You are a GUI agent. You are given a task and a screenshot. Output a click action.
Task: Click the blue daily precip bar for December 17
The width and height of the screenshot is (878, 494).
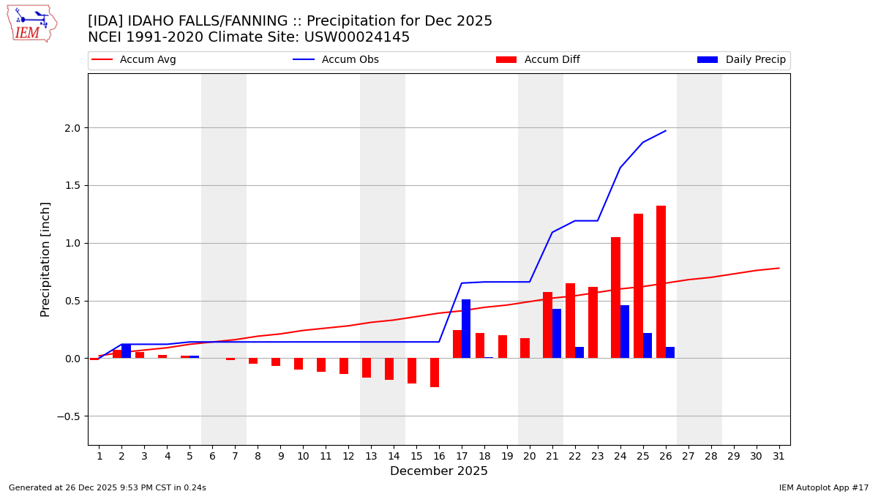pyautogui.click(x=466, y=329)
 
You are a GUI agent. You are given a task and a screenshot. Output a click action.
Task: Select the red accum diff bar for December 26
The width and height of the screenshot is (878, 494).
pyautogui.click(x=661, y=282)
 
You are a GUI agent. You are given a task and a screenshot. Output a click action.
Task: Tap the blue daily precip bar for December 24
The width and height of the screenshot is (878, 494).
pyautogui.click(x=625, y=332)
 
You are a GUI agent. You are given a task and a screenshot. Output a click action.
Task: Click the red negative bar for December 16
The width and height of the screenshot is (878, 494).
pyautogui.click(x=435, y=373)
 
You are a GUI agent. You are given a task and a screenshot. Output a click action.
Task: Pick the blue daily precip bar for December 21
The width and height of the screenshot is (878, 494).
pyautogui.click(x=557, y=334)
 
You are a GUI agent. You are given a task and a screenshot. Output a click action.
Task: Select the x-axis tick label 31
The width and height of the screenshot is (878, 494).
pyautogui.click(x=778, y=457)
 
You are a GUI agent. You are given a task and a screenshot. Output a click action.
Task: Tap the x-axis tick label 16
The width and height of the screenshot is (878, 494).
pyautogui.click(x=439, y=457)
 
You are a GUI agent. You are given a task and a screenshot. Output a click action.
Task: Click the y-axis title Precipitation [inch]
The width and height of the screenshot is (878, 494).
pyautogui.click(x=45, y=259)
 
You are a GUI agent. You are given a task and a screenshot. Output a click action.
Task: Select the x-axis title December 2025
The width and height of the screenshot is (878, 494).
pyautogui.click(x=439, y=472)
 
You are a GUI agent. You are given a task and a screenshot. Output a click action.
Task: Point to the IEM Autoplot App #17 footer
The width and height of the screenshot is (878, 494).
pyautogui.click(x=824, y=487)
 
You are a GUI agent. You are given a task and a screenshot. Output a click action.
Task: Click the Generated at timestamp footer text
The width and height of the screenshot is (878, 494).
pyautogui.click(x=108, y=487)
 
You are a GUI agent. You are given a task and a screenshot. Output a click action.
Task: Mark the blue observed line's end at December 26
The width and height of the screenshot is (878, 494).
pyautogui.click(x=666, y=131)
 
